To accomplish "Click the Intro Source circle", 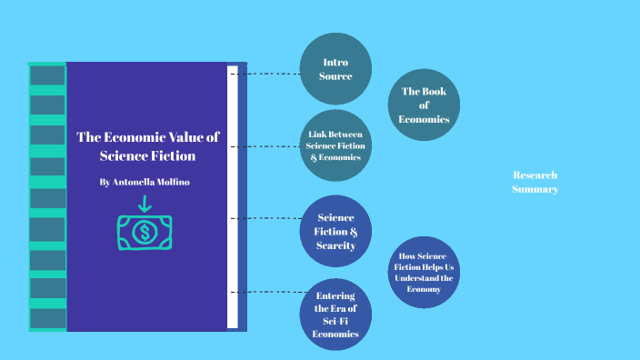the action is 335,69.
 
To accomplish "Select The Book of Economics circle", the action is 424,105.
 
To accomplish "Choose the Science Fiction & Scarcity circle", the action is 335,231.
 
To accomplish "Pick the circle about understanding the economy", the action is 425,272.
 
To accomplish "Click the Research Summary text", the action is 535,182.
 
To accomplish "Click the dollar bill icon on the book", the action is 144,233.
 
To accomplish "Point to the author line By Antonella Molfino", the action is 145,182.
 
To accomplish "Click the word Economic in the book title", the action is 129,137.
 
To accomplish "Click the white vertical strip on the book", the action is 233,195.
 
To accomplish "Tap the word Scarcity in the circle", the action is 335,245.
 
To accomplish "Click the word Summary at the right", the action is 535,189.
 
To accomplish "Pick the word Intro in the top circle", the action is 335,62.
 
